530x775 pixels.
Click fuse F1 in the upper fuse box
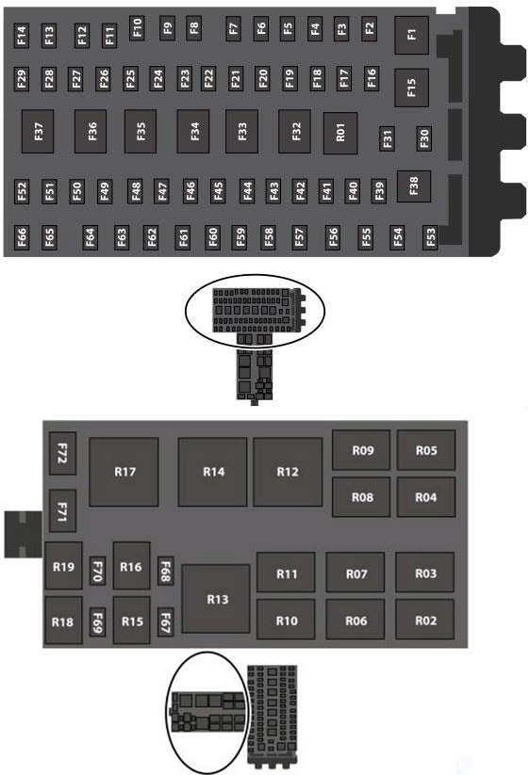tap(411, 35)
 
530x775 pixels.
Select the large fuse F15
tap(411, 88)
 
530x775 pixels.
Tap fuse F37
tap(38, 132)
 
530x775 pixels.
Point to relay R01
tap(340, 133)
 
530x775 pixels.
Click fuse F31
tap(387, 138)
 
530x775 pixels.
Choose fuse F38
tap(414, 186)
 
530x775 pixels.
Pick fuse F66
tap(22, 237)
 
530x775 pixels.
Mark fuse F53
tap(430, 237)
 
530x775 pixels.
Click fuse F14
tap(22, 36)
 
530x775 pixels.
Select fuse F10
tap(137, 27)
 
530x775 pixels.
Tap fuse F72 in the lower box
tap(62, 453)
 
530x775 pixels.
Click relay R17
tap(124, 472)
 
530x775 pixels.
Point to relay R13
tap(216, 599)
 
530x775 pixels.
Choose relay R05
tap(426, 450)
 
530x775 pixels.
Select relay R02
tap(425, 620)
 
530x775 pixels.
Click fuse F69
tap(97, 622)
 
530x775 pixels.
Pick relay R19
tap(63, 566)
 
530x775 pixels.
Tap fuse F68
tap(165, 571)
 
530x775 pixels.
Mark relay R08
tap(361, 497)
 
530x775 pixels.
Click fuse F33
tap(241, 132)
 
